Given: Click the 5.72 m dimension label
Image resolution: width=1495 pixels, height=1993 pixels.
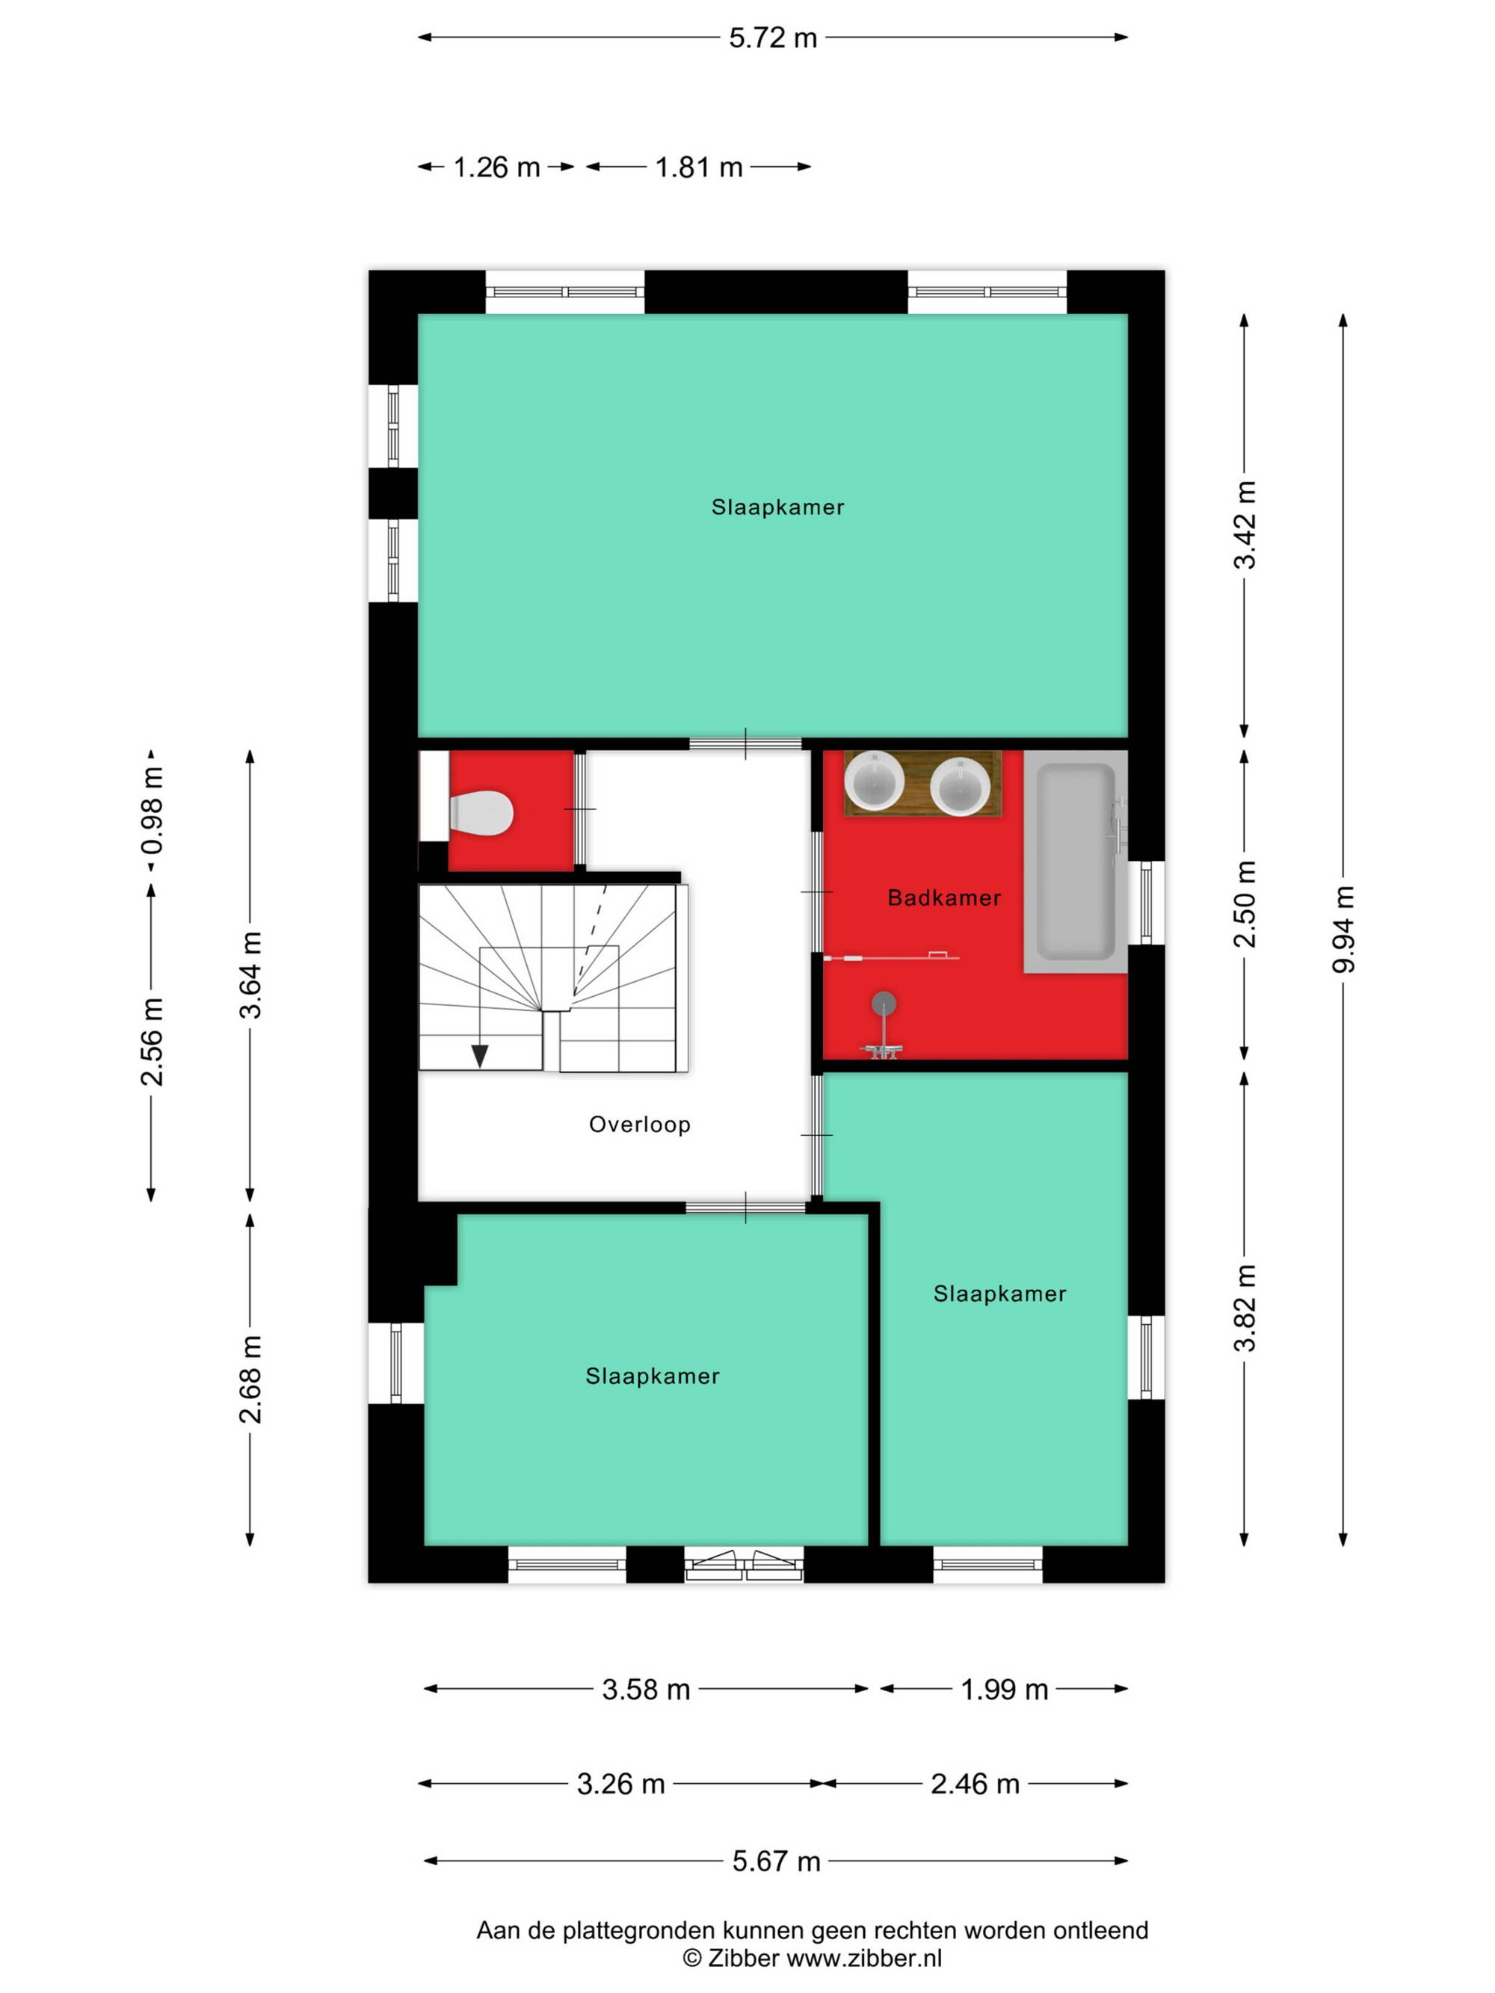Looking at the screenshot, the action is click(x=772, y=38).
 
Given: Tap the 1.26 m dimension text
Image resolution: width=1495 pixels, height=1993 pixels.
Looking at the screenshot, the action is click(x=496, y=167).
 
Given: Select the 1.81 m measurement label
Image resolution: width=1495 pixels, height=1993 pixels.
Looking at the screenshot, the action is click(x=698, y=167).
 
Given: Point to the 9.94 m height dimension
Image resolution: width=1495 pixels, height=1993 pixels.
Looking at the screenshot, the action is click(x=1343, y=929).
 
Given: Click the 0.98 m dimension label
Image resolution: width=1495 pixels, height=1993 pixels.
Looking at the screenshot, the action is click(x=152, y=811).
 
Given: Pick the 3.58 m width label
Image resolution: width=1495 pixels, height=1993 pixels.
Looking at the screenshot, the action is click(x=646, y=1690).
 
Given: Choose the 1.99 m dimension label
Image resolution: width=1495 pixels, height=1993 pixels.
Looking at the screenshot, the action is click(x=1004, y=1690).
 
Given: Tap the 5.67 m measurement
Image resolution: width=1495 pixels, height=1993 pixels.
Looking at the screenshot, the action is click(x=776, y=1861).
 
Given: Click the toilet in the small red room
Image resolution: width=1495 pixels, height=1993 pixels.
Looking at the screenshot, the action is click(x=481, y=813).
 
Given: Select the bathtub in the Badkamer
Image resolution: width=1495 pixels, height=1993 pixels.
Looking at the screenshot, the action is click(x=1075, y=862).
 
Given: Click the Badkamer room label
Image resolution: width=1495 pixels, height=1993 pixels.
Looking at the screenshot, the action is click(x=943, y=897).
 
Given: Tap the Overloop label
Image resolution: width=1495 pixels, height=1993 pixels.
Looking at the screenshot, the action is click(x=640, y=1125).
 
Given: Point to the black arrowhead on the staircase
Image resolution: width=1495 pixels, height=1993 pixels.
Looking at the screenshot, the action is click(x=479, y=1055).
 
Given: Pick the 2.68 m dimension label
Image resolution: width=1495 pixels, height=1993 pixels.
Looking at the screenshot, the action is click(x=250, y=1379).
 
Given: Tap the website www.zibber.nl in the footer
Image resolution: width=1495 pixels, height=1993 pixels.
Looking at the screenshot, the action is click(x=864, y=1958).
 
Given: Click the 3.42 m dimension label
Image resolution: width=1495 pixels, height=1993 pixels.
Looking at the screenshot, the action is click(x=1245, y=525).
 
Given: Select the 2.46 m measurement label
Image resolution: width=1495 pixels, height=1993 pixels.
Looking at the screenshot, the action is click(x=975, y=1784).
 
